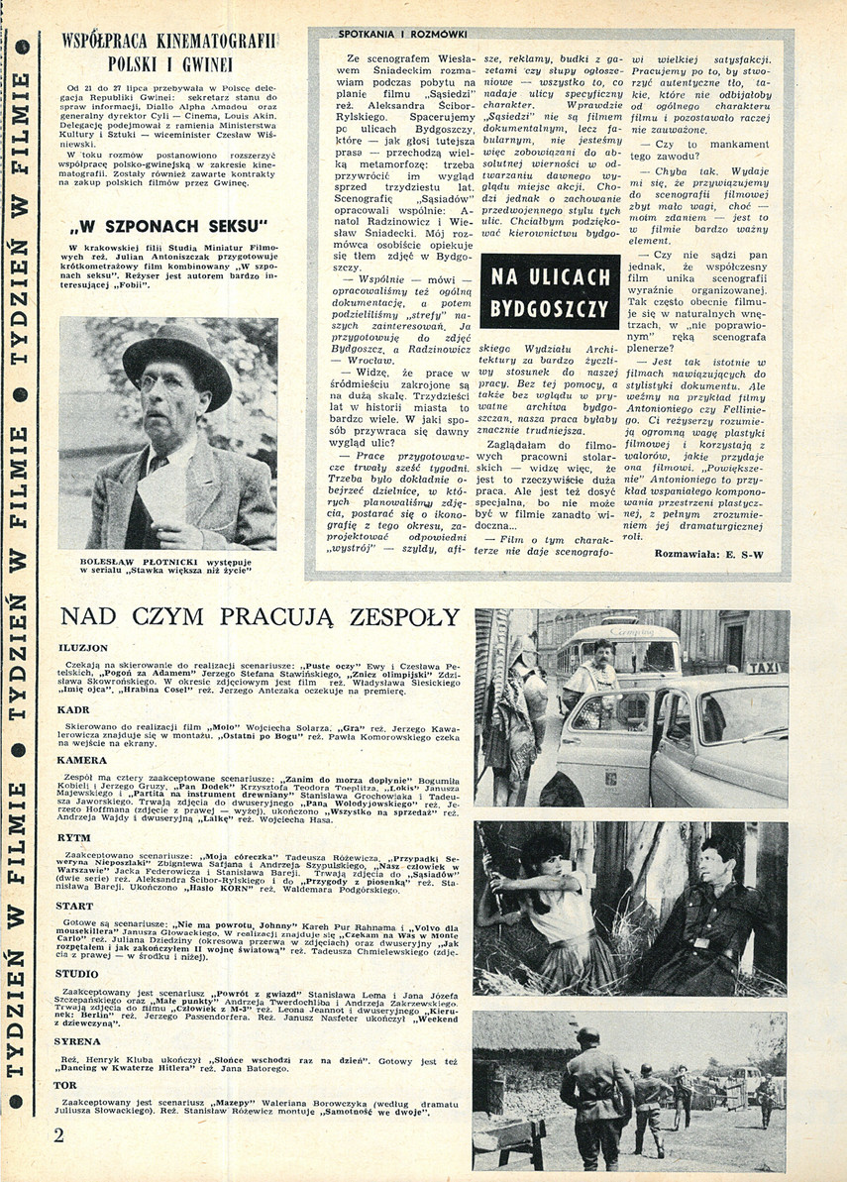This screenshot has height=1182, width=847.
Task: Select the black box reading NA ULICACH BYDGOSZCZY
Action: (x=549, y=292)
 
